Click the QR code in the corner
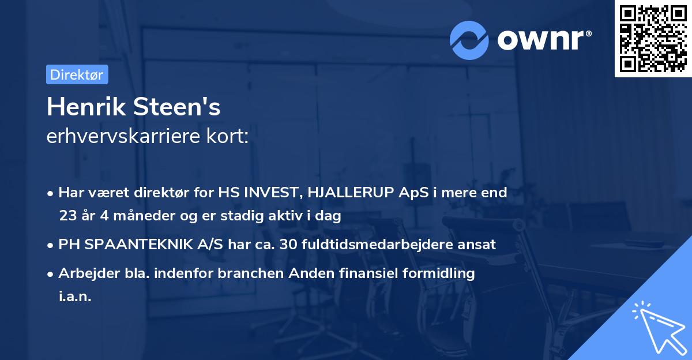click(x=653, y=38)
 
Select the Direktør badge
click(x=77, y=74)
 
